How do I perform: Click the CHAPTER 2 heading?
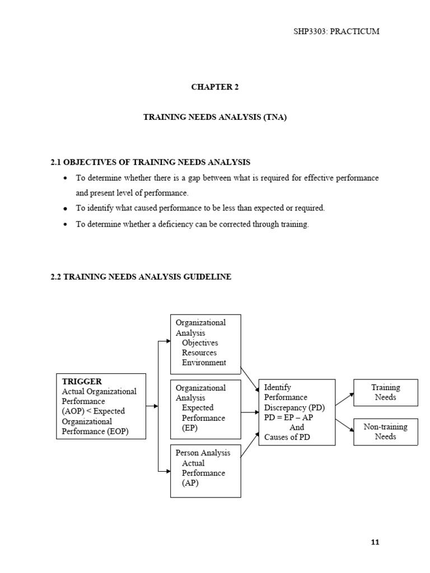(215, 87)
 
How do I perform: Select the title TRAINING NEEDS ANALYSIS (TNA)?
(215, 118)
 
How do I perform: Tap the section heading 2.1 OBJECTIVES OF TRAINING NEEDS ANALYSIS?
(151, 162)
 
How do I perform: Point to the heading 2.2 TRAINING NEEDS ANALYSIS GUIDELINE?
(141, 277)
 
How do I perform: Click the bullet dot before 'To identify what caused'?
(66, 209)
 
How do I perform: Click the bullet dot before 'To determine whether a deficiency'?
(66, 225)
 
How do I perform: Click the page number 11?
(375, 542)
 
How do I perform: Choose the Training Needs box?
(385, 392)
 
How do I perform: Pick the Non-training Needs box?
(385, 431)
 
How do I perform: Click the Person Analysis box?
(205, 470)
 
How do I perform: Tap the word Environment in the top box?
(204, 363)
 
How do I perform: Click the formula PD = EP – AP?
(288, 417)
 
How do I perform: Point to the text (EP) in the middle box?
(190, 428)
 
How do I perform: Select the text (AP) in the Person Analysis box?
(190, 483)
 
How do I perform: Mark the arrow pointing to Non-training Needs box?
(345, 425)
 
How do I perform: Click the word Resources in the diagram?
(200, 353)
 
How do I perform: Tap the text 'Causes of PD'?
(287, 438)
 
